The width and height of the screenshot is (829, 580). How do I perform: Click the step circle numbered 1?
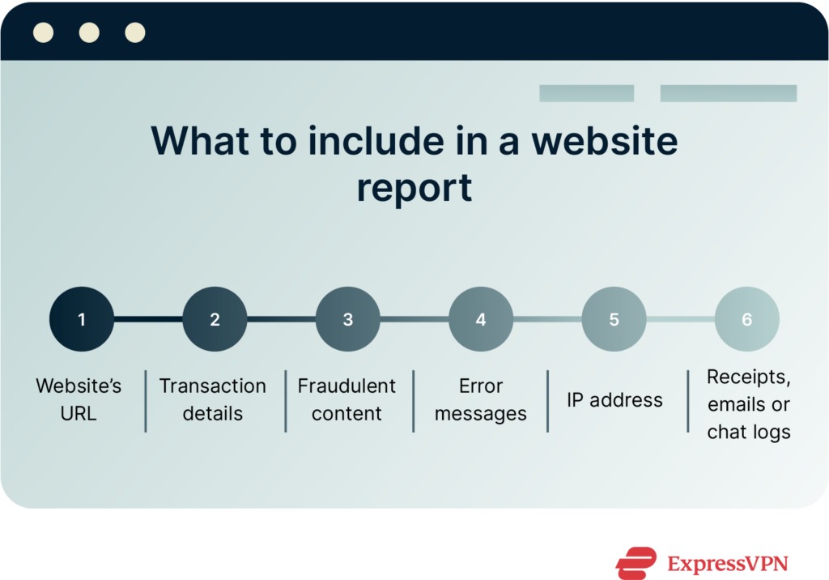pos(82,319)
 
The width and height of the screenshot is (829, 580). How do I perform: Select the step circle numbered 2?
pos(215,319)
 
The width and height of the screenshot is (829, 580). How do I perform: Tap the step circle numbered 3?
pos(348,319)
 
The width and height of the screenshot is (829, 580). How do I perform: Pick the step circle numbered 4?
pos(481,319)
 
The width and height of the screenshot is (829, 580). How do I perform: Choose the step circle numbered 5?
pos(614,319)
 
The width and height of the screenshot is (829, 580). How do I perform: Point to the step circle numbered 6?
pos(746,319)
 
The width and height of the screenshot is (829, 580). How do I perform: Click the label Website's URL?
pos(79,399)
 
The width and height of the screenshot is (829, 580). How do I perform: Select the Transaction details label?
pos(212,399)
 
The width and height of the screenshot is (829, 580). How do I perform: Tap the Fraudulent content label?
pos(346,399)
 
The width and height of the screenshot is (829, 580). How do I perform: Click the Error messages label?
pos(481,399)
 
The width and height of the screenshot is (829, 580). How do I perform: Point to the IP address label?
pos(614,400)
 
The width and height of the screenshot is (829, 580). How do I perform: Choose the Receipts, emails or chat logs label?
pos(749,404)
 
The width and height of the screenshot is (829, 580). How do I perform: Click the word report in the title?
pos(414,188)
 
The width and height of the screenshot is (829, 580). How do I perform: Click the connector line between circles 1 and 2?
pos(148,319)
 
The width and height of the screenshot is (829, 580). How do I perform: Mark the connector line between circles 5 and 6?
pos(680,319)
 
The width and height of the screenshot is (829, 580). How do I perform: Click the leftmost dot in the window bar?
pos(43,32)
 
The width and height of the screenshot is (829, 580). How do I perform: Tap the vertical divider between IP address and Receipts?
pos(688,400)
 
